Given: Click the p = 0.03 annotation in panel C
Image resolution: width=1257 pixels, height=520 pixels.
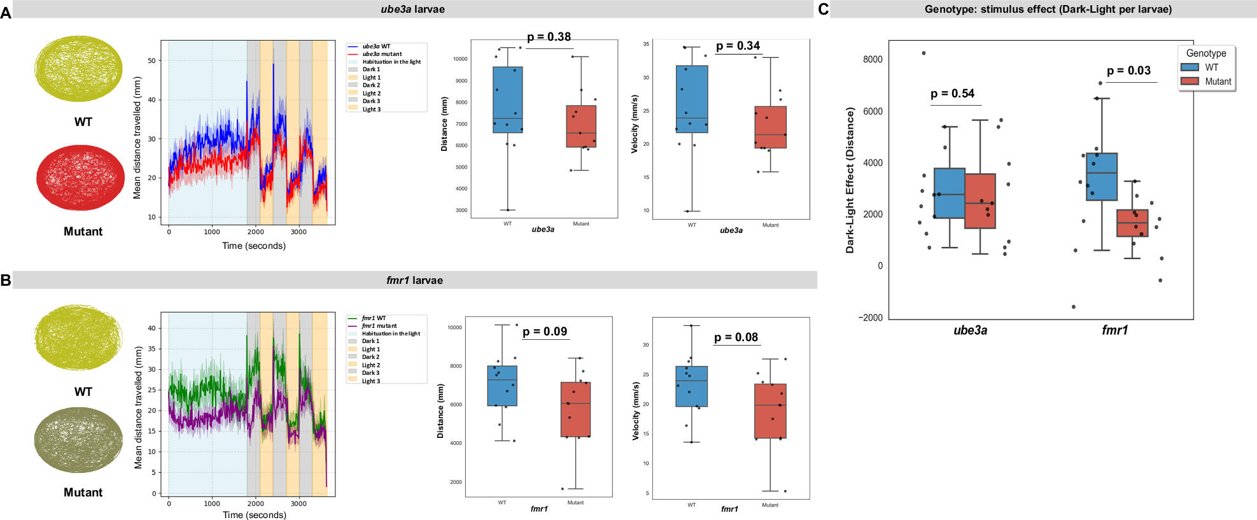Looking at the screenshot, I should tap(1128, 71).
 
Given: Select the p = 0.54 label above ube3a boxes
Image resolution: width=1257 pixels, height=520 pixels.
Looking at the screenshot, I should tap(952, 94).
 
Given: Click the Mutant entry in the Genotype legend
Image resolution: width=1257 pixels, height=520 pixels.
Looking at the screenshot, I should tap(1218, 81).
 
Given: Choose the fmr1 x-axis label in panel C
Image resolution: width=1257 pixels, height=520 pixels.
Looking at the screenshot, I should tap(1114, 330).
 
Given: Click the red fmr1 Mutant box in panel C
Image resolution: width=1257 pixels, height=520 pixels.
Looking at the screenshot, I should tap(1132, 223).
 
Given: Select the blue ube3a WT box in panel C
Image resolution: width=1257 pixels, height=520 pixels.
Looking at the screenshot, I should tap(949, 193).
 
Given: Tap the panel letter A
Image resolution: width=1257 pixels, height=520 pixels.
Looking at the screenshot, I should tap(6, 13).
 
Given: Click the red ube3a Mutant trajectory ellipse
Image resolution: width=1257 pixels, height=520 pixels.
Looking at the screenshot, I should tap(80, 178).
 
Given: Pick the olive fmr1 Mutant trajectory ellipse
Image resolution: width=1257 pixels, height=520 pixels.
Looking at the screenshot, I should tap(78, 440).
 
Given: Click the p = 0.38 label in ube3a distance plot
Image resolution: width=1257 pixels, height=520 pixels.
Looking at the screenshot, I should tap(549, 37).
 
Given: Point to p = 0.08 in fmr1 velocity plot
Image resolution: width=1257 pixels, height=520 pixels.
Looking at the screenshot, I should tap(736, 337).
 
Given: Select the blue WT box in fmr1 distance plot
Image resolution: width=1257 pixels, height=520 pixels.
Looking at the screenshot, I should tap(502, 386).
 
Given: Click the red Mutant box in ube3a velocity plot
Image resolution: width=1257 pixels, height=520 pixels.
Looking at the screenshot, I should tap(770, 127).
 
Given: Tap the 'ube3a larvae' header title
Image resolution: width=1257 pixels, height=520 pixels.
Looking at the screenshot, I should tap(412, 9).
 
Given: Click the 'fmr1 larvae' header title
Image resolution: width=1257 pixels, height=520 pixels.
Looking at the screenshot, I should tap(414, 280).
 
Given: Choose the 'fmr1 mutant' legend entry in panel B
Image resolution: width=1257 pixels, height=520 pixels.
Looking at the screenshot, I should tap(379, 326).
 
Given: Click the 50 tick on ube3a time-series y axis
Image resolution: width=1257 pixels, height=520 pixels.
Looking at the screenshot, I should tap(151, 60).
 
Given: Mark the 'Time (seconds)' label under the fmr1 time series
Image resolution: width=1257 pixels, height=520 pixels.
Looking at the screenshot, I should tap(254, 515).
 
